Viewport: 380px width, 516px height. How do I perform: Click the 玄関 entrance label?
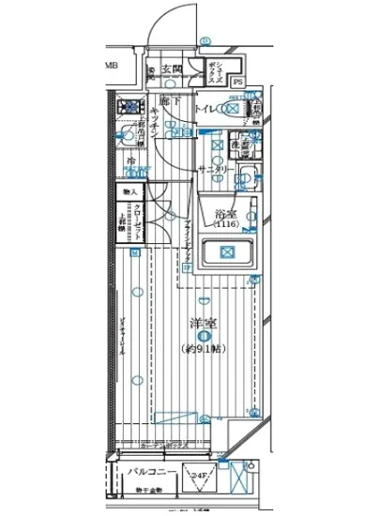170,68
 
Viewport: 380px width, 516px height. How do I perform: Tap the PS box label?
237,82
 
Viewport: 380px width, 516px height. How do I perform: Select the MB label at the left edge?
111,66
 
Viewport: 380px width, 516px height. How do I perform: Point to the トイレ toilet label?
203,110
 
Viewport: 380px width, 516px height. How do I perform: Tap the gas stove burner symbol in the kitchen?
127,108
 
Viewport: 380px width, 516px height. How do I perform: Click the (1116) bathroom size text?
225,225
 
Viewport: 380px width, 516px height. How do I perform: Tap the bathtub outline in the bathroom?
227,251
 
